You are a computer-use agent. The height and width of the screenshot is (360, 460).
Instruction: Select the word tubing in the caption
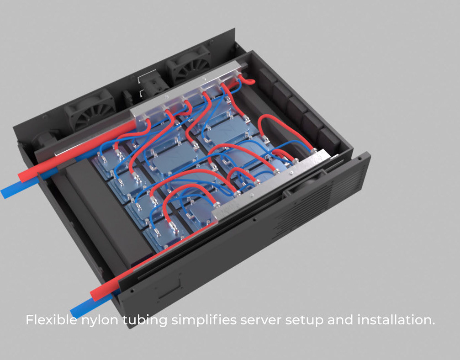pyautogui.click(x=145, y=320)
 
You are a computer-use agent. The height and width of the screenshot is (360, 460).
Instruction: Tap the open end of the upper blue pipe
pyautogui.click(x=5, y=193)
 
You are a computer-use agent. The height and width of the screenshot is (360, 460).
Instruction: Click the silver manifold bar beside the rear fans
pyautogui.click(x=183, y=91)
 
